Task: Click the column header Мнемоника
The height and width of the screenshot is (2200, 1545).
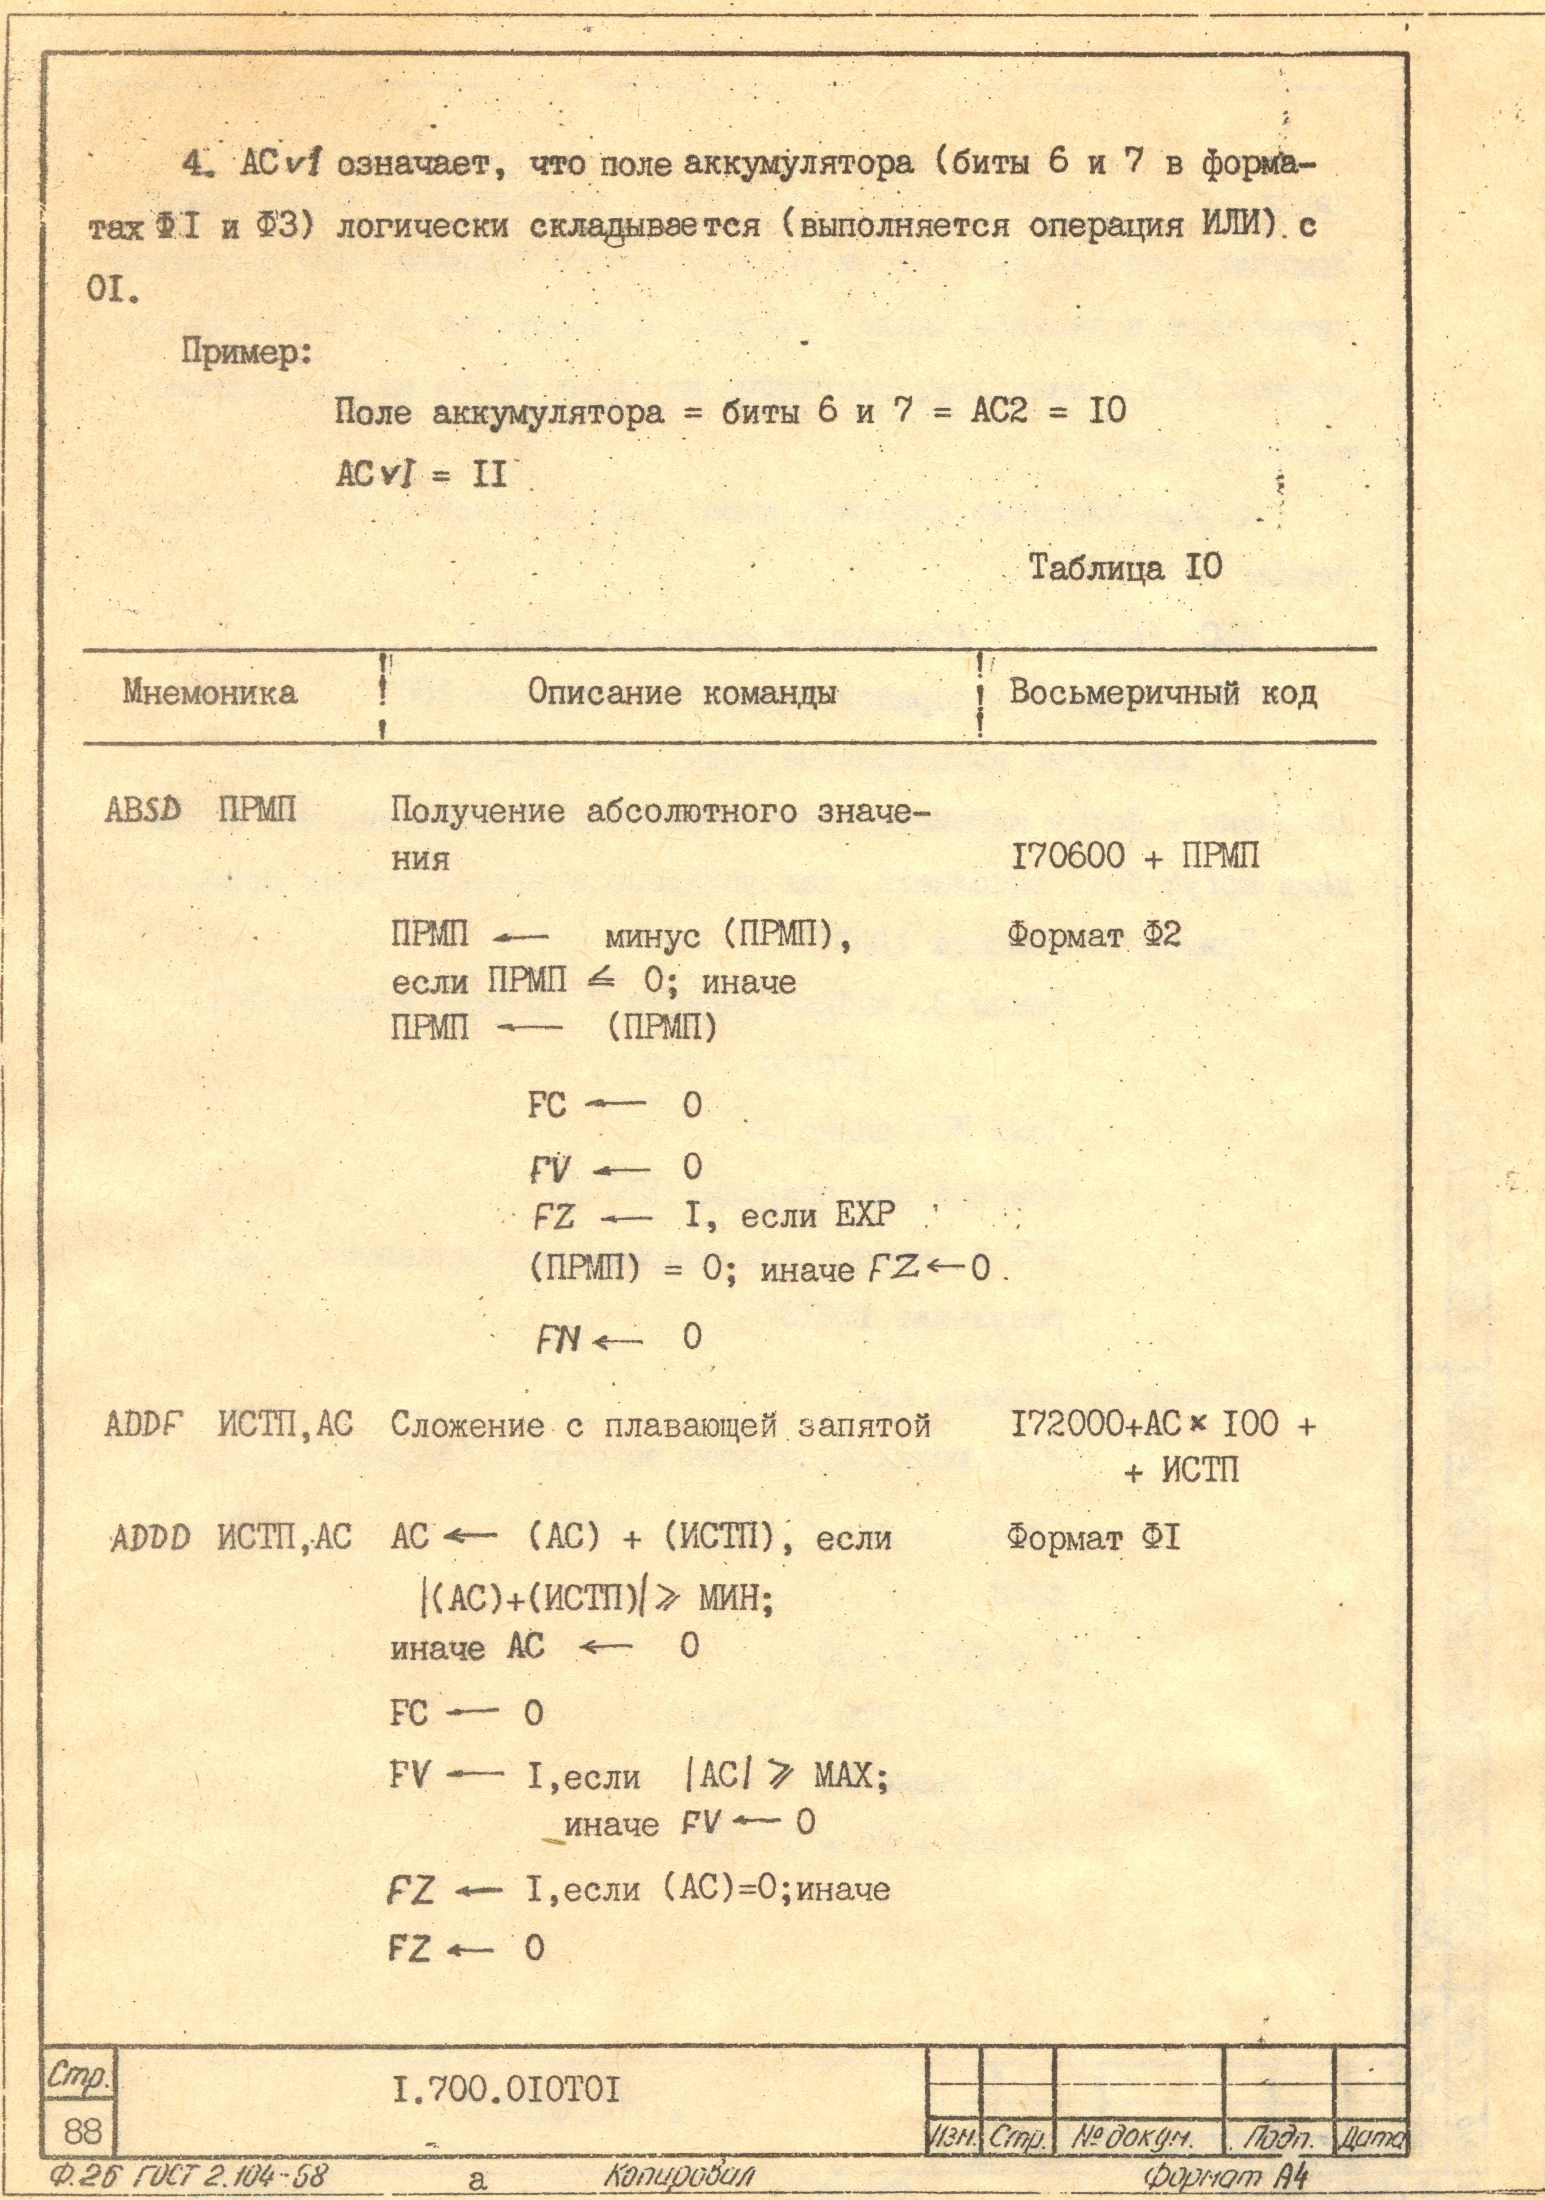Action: point(209,693)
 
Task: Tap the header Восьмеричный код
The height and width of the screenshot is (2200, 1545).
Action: point(1162,693)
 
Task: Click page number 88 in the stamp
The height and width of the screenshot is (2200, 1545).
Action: point(82,2131)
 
